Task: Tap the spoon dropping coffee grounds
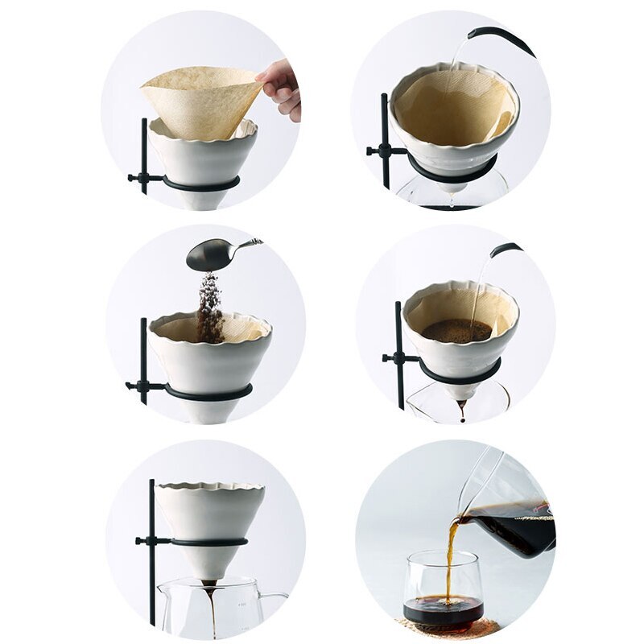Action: [211, 254]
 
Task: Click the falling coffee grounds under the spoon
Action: [210, 310]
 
